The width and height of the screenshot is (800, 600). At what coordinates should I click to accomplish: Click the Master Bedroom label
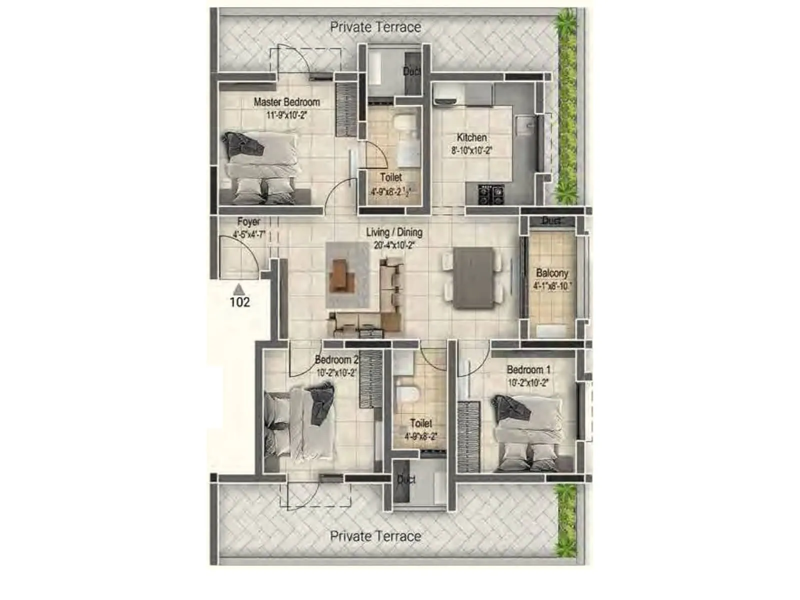click(x=286, y=102)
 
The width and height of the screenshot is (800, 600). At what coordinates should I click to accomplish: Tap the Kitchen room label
click(x=471, y=137)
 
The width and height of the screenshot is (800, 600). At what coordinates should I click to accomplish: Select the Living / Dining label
click(x=394, y=232)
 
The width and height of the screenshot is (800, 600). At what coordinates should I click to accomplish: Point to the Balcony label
click(x=552, y=273)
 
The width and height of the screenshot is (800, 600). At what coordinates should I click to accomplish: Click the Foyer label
click(x=248, y=221)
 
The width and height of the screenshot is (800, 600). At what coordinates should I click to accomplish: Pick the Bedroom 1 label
click(x=528, y=370)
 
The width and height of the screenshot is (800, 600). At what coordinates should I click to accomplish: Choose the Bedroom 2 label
click(x=336, y=360)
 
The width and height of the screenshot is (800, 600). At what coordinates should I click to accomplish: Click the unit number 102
click(x=239, y=302)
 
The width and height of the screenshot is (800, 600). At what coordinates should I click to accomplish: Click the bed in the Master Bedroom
click(x=260, y=167)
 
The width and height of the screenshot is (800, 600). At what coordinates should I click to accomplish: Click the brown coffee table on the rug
click(x=341, y=274)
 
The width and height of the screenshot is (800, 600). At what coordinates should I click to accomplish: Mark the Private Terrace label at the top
click(x=375, y=27)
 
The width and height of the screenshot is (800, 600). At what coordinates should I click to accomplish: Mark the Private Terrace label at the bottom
click(x=375, y=536)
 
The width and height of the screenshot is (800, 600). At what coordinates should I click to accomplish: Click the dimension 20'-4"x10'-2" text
click(x=394, y=245)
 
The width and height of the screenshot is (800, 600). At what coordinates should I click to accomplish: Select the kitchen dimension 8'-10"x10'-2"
click(x=471, y=150)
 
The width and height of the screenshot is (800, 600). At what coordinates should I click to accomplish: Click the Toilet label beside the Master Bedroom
click(x=390, y=177)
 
